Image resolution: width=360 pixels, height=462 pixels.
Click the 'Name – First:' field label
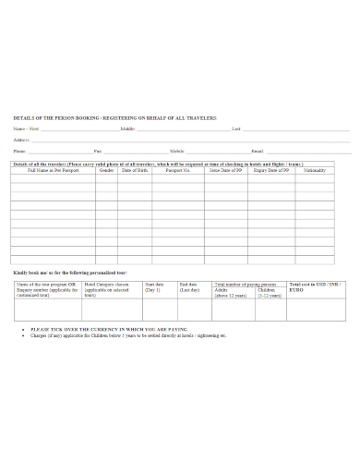click(x=27, y=128)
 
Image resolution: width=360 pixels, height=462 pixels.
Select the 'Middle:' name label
click(x=127, y=128)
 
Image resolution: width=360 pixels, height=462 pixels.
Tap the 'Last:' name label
click(x=236, y=128)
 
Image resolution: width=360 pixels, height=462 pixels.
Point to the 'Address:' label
click(x=21, y=139)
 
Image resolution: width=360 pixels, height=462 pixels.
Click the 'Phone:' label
click(x=20, y=150)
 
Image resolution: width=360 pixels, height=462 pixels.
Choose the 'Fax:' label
click(x=99, y=150)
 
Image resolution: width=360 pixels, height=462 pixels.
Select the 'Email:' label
click(x=258, y=150)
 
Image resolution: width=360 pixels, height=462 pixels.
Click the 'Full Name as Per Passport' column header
click(x=53, y=171)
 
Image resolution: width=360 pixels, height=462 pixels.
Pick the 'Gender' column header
click(x=106, y=171)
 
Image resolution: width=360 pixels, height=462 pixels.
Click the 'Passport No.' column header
click(x=177, y=171)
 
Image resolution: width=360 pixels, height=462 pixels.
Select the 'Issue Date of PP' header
click(x=226, y=171)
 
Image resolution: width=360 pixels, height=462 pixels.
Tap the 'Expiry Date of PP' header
click(x=273, y=171)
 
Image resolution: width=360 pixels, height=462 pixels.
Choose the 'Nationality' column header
click(x=315, y=171)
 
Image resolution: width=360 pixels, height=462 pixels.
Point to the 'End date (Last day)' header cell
click(x=188, y=286)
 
